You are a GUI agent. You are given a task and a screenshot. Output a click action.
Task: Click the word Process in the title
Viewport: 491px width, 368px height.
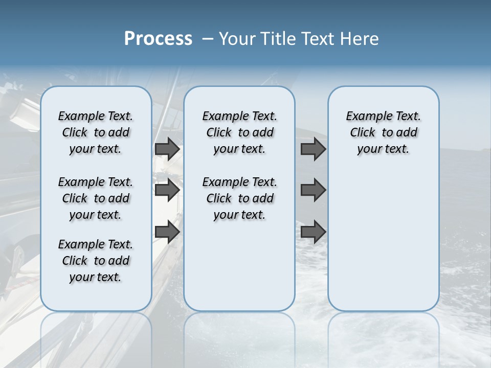(x=158, y=38)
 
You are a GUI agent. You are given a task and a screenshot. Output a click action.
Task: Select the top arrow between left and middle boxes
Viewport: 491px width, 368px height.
(x=167, y=149)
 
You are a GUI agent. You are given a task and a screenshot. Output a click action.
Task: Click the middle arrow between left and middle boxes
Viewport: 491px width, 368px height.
(x=167, y=190)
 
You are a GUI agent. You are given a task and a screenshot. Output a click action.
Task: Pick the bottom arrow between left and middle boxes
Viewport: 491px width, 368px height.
(x=167, y=232)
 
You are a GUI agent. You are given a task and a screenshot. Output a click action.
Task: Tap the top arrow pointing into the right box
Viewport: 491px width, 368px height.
(x=313, y=149)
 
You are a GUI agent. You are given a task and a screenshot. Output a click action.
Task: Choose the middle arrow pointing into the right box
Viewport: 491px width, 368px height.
(x=313, y=190)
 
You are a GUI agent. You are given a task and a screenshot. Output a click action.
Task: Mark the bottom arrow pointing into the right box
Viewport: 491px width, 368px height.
(x=313, y=232)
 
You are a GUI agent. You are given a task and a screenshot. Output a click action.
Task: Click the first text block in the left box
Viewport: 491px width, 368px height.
(x=96, y=132)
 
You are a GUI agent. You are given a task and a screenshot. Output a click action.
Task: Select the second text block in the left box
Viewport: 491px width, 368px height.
(x=96, y=198)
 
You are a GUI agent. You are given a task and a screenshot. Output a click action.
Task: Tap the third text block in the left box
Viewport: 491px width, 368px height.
(x=96, y=261)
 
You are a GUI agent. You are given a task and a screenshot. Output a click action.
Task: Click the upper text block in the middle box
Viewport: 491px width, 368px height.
(x=239, y=132)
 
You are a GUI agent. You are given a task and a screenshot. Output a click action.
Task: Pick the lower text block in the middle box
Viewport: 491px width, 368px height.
(x=239, y=198)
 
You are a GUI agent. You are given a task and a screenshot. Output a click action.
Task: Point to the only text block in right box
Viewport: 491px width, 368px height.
(x=383, y=132)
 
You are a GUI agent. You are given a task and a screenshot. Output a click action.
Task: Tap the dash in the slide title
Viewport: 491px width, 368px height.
(x=208, y=38)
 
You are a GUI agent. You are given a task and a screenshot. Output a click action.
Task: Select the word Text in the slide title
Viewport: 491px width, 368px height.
(x=319, y=38)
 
